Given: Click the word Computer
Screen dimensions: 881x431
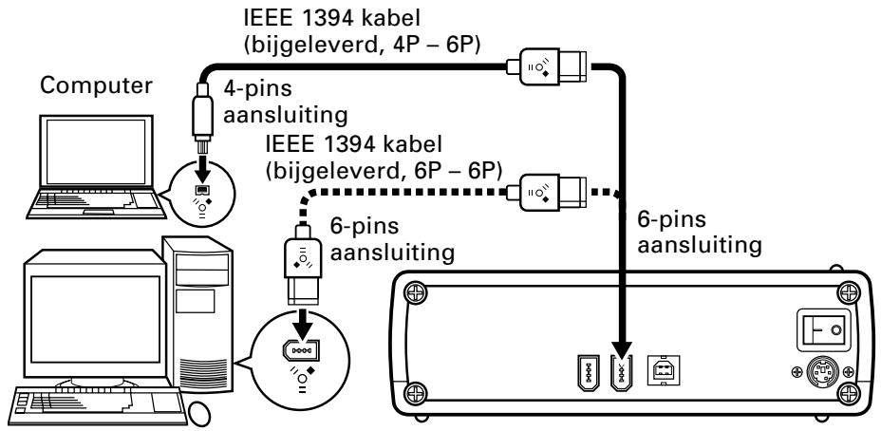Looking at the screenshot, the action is point(96,86).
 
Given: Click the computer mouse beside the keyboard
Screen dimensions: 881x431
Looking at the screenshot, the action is point(199,414).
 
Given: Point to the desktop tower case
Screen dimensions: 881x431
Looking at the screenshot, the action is point(197,314).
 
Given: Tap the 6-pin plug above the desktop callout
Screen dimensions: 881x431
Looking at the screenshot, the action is point(304,264).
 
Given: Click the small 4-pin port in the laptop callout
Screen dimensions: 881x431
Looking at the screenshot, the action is point(202,189).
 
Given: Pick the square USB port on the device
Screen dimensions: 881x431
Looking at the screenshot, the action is point(664,369).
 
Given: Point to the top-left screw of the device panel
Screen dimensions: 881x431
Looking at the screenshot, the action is point(414,291).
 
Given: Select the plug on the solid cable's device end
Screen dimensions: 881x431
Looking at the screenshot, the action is point(547,66).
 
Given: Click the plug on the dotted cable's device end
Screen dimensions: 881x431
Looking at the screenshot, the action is point(547,192).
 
